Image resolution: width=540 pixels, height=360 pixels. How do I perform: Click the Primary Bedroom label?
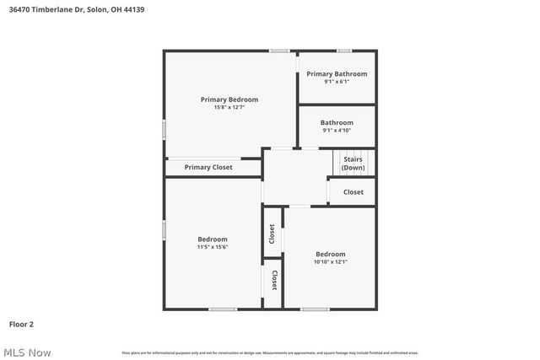(229, 99)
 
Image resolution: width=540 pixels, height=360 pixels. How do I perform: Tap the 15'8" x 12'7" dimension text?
(229, 107)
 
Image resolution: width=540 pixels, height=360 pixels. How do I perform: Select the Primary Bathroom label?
(337, 74)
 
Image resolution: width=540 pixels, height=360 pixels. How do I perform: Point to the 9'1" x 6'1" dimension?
(336, 82)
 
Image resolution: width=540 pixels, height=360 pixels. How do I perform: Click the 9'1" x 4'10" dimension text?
(336, 131)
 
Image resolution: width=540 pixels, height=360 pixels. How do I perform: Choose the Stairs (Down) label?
(353, 163)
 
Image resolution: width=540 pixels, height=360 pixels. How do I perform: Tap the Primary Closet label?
(208, 167)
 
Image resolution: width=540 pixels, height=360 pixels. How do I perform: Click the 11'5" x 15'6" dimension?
(213, 247)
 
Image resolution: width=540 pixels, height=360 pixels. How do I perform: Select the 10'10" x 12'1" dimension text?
(330, 262)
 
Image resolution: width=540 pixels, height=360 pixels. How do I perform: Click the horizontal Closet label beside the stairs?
(353, 192)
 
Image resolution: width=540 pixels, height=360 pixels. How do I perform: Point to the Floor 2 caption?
(22, 324)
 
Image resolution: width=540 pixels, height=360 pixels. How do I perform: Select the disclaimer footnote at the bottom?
(269, 352)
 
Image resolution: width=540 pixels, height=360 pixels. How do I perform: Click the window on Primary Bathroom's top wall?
(344, 51)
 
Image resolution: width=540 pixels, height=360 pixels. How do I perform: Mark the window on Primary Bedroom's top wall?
(279, 51)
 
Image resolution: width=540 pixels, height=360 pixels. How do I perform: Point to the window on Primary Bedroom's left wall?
(165, 128)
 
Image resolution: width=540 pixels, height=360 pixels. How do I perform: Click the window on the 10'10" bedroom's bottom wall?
(315, 309)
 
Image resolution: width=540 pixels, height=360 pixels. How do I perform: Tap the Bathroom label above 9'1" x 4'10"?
(337, 123)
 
